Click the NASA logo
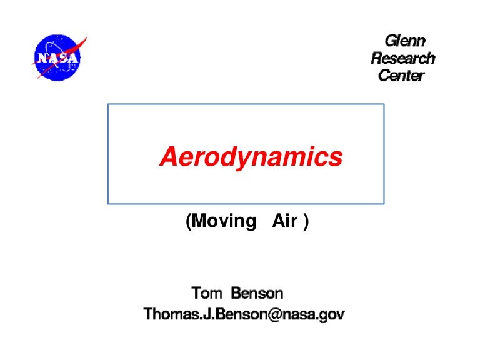58,57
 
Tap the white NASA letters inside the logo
57,58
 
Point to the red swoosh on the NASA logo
79,47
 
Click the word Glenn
404,41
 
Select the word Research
402,59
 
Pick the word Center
401,76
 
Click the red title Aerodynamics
251,157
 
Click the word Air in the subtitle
285,221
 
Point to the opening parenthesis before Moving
188,222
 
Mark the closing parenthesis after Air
306,222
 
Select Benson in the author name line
257,292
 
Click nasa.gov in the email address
316,314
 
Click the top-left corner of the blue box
108,104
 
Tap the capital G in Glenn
389,41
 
